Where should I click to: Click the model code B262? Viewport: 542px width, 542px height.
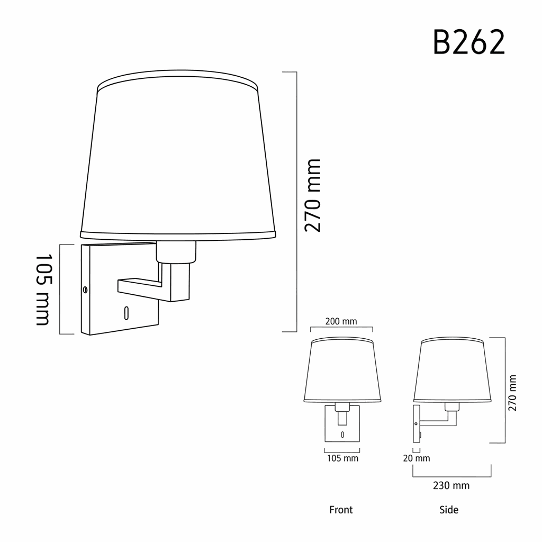pyautogui.click(x=469, y=42)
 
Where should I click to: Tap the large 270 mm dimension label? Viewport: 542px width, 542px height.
pyautogui.click(x=313, y=195)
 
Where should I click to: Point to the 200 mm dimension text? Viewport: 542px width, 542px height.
pyautogui.click(x=341, y=321)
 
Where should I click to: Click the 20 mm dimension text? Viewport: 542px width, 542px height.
pyautogui.click(x=417, y=458)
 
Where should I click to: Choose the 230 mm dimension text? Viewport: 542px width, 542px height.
pyautogui.click(x=451, y=485)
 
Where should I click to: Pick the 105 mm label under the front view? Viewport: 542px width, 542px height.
pyautogui.click(x=342, y=458)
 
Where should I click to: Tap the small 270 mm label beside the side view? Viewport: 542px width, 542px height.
pyautogui.click(x=512, y=393)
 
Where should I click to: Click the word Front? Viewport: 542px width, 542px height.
pyautogui.click(x=341, y=510)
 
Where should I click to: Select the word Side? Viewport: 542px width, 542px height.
pyautogui.click(x=449, y=510)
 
